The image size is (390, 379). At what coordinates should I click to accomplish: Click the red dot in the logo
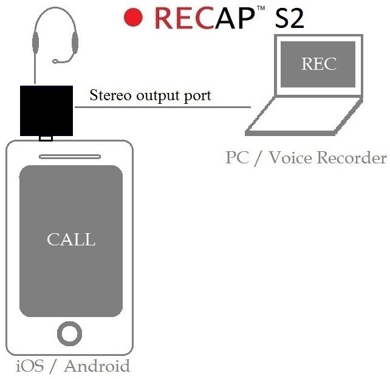pyautogui.click(x=134, y=18)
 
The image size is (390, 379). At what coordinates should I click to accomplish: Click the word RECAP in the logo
pyautogui.click(x=206, y=18)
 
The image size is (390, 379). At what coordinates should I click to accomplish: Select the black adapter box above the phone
pyautogui.click(x=46, y=111)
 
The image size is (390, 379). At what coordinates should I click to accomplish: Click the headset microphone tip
pyautogui.click(x=55, y=61)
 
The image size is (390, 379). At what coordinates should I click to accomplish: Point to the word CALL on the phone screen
pyautogui.click(x=71, y=239)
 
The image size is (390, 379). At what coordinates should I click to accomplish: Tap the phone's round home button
pyautogui.click(x=69, y=333)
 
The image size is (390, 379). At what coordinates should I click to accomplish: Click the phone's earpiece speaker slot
pyautogui.click(x=70, y=157)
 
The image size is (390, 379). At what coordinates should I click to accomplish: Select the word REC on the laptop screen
pyautogui.click(x=319, y=64)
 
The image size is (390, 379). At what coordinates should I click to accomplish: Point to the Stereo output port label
pyautogui.click(x=150, y=95)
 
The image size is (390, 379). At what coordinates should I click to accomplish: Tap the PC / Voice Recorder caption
pyautogui.click(x=306, y=158)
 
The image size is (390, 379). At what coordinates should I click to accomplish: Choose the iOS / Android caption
pyautogui.click(x=72, y=366)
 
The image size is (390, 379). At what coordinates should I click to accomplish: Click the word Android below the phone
pyautogui.click(x=97, y=366)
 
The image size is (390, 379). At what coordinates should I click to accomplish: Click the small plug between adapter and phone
pyautogui.click(x=46, y=139)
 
